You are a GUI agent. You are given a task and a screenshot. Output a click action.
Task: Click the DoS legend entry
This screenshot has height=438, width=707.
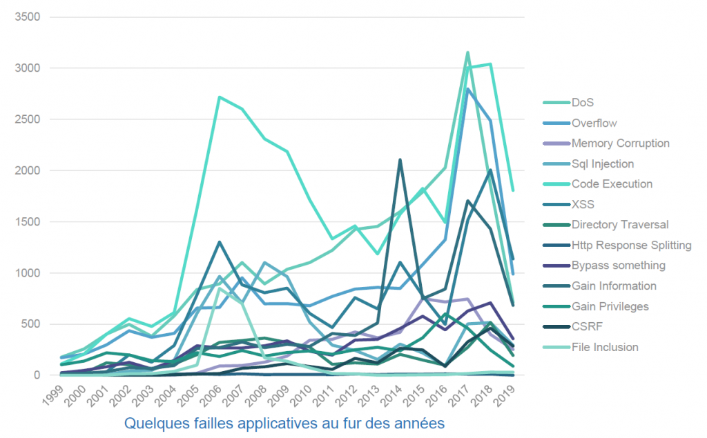pyautogui.click(x=583, y=103)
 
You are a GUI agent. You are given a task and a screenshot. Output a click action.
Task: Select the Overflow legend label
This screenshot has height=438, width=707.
pyautogui.click(x=594, y=123)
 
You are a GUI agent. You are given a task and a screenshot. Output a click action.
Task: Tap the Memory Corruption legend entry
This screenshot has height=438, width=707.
pyautogui.click(x=620, y=143)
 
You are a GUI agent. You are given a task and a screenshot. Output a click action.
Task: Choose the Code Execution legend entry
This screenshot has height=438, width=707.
pyautogui.click(x=611, y=184)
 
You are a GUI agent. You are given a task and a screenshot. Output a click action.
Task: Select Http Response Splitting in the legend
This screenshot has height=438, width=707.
pyautogui.click(x=631, y=245)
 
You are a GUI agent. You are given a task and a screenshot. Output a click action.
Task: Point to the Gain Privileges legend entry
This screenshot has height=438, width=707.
pyautogui.click(x=610, y=306)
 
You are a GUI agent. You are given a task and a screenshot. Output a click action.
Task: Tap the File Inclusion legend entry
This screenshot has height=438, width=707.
pyautogui.click(x=606, y=347)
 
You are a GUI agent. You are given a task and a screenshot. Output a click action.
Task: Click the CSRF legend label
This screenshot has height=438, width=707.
pyautogui.click(x=585, y=327)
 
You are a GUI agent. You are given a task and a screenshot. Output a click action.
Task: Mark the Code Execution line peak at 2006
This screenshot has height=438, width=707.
pyautogui.click(x=219, y=97)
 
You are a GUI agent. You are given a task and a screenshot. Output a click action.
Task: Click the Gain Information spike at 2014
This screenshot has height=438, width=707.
pyautogui.click(x=400, y=160)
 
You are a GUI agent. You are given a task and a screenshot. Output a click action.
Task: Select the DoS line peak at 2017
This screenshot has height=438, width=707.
pyautogui.click(x=467, y=52)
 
